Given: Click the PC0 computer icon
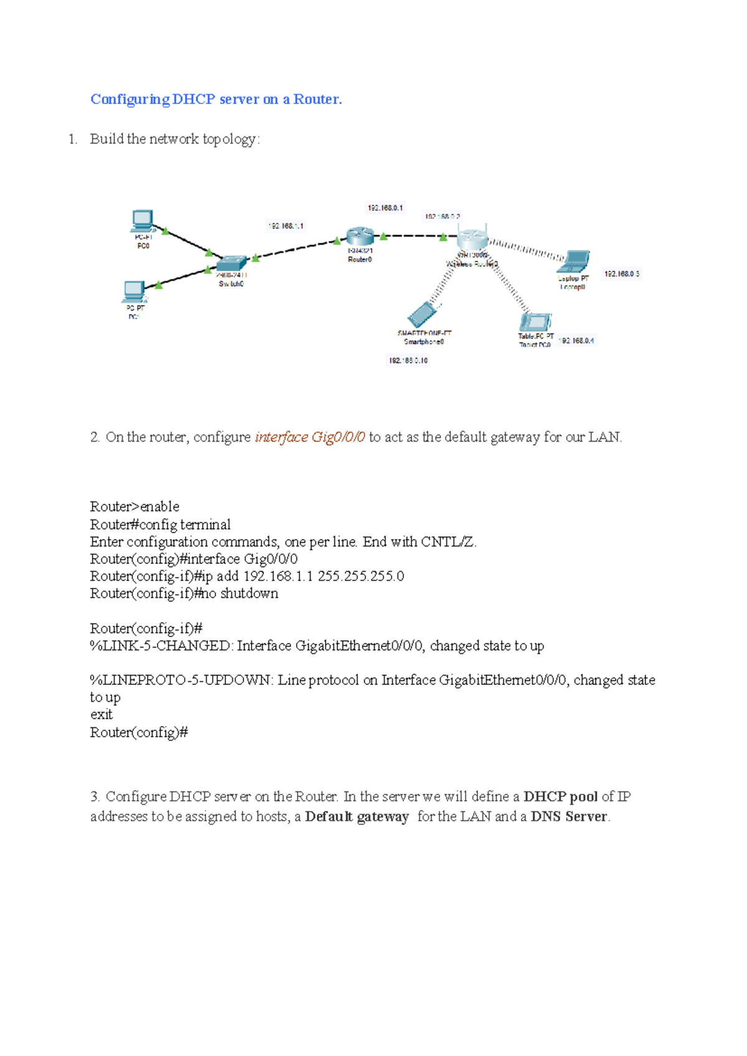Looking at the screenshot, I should click(143, 220).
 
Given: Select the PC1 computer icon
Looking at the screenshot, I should click(134, 291).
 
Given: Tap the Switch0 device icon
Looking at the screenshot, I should click(231, 263).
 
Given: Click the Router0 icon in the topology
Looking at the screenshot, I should click(359, 237).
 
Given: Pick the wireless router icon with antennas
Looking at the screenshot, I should click(472, 238).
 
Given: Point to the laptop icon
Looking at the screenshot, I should click(573, 262).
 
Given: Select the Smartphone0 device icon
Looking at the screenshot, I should click(423, 314).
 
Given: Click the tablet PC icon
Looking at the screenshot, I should click(534, 322).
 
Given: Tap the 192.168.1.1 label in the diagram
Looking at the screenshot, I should click(286, 226).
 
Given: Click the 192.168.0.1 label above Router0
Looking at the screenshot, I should click(385, 208).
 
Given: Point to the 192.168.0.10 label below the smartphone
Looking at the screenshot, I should click(408, 361).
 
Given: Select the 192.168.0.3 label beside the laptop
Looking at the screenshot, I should click(621, 274).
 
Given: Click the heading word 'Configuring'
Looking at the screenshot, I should click(129, 100).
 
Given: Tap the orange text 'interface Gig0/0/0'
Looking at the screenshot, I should click(310, 437).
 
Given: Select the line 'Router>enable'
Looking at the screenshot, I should click(134, 506).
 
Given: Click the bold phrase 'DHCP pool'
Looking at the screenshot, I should click(560, 796).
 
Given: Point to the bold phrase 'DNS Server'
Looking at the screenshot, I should click(568, 816).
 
